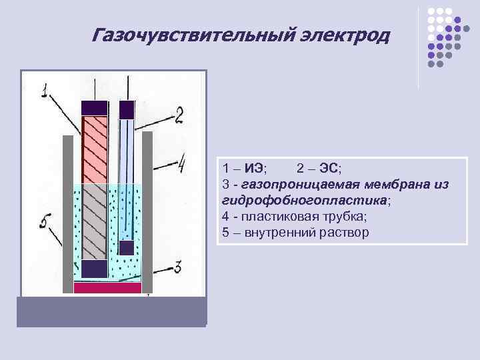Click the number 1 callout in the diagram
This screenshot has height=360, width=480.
pyautogui.click(x=44, y=90)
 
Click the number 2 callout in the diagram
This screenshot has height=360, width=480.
pyautogui.click(x=179, y=115)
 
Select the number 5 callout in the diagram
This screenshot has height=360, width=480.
pyautogui.click(x=45, y=221)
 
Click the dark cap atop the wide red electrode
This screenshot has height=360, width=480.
pyautogui.click(x=94, y=107)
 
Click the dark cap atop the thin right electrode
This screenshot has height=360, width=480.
pyautogui.click(x=126, y=109)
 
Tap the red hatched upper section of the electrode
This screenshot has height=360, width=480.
pyautogui.click(x=94, y=149)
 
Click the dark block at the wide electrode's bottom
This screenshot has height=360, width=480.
pyautogui.click(x=94, y=269)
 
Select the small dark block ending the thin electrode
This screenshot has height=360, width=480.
pyautogui.click(x=126, y=247)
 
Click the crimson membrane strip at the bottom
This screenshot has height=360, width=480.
pyautogui.click(x=107, y=288)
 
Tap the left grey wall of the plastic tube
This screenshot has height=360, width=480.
pyautogui.click(x=67, y=213)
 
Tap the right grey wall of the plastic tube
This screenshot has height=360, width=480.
pyautogui.click(x=147, y=213)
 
